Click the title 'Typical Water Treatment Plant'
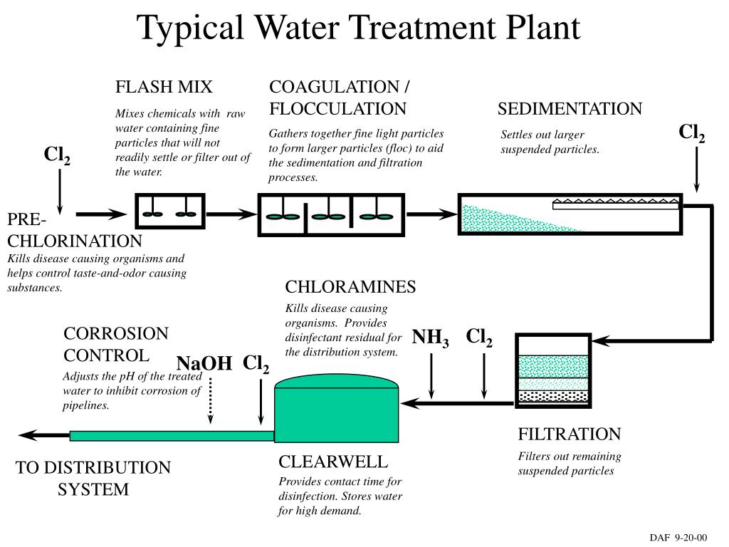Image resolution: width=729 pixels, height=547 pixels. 359,28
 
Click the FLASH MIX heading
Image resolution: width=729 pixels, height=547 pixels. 164,88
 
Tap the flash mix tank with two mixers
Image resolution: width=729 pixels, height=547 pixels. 170,213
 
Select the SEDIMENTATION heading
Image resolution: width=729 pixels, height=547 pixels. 570,109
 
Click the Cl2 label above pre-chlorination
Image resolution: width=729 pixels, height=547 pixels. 57,156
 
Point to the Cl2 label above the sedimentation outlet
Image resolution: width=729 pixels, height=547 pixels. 691,133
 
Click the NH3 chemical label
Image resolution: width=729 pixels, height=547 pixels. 431,338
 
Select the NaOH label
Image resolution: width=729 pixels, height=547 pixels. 204,364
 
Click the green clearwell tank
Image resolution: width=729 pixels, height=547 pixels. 335,414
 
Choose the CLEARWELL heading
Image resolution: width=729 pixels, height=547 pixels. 333,461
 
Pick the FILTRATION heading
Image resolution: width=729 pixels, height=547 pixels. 569,434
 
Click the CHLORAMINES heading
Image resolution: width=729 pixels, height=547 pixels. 350,287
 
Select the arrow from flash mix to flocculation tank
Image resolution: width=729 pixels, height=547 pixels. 231,213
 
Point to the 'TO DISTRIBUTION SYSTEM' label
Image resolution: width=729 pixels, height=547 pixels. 93,479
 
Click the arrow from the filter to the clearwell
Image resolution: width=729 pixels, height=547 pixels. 456,404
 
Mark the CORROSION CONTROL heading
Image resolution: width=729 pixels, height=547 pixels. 116,344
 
